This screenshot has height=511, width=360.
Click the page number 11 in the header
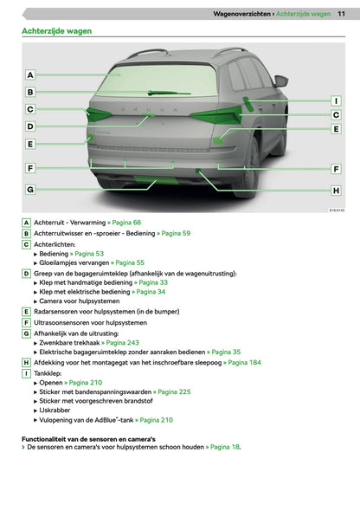tap(341, 14)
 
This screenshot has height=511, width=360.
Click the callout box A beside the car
tap(30, 75)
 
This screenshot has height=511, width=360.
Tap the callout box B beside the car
tap(30, 92)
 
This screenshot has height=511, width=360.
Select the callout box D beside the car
tap(30, 126)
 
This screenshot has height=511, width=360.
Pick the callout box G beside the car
tap(30, 190)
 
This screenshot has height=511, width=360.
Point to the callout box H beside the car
tap(337, 191)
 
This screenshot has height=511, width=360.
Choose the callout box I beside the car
tap(337, 101)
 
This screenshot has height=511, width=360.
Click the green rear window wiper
tap(169, 94)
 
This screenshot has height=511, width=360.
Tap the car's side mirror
tap(281, 81)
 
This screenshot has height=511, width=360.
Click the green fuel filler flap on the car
tap(248, 104)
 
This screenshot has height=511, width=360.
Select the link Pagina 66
tap(126, 223)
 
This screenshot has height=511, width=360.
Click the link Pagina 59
tap(176, 233)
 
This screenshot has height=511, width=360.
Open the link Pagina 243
tap(122, 343)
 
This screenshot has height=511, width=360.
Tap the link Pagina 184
tap(244, 362)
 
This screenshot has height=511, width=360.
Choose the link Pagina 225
tap(174, 391)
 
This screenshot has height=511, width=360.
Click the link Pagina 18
tap(225, 447)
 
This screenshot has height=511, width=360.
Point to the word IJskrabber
tap(55, 410)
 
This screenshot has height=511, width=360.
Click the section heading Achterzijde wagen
tap(56, 31)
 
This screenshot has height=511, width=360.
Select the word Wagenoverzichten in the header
tap(241, 14)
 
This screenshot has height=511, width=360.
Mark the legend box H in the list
tap(26, 362)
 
